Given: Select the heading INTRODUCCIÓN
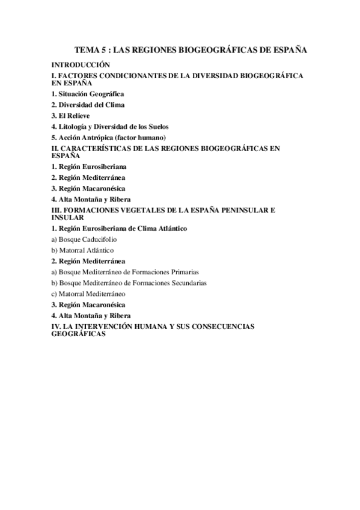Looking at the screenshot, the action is (x=81, y=64).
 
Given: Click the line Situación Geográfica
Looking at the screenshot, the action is (x=88, y=94).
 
